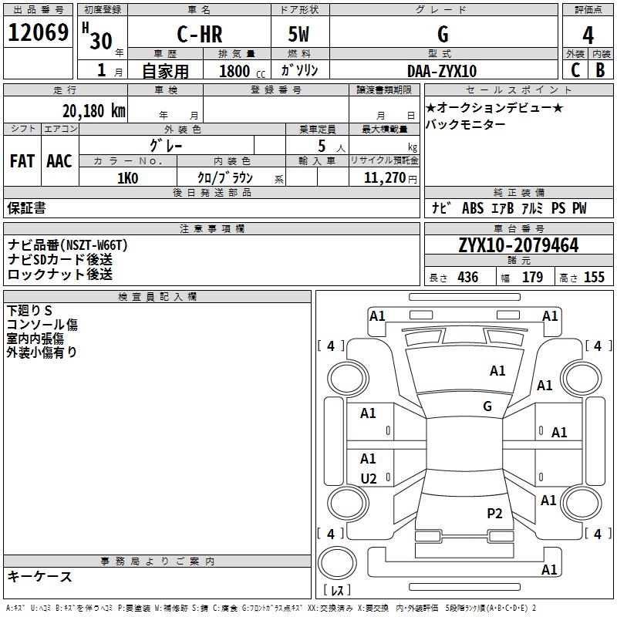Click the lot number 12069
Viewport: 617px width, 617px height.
pyautogui.click(x=38, y=34)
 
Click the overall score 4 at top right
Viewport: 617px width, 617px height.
pyautogui.click(x=588, y=35)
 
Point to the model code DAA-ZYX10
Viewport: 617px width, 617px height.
pyautogui.click(x=442, y=71)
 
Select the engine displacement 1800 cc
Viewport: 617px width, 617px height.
pyautogui.click(x=236, y=71)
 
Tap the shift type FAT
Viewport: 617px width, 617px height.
pyautogui.click(x=22, y=161)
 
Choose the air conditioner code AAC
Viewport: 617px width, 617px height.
pyautogui.click(x=59, y=161)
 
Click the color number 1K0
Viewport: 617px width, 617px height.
pyautogui.click(x=127, y=178)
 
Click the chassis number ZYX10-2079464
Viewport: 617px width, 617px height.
pyautogui.click(x=518, y=245)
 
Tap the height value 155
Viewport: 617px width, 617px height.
pyautogui.click(x=594, y=278)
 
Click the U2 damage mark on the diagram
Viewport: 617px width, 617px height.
pyautogui.click(x=369, y=479)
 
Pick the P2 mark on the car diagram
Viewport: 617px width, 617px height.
pyautogui.click(x=494, y=513)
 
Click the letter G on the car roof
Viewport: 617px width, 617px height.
pyautogui.click(x=487, y=406)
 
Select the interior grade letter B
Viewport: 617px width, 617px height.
pyautogui.click(x=600, y=70)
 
